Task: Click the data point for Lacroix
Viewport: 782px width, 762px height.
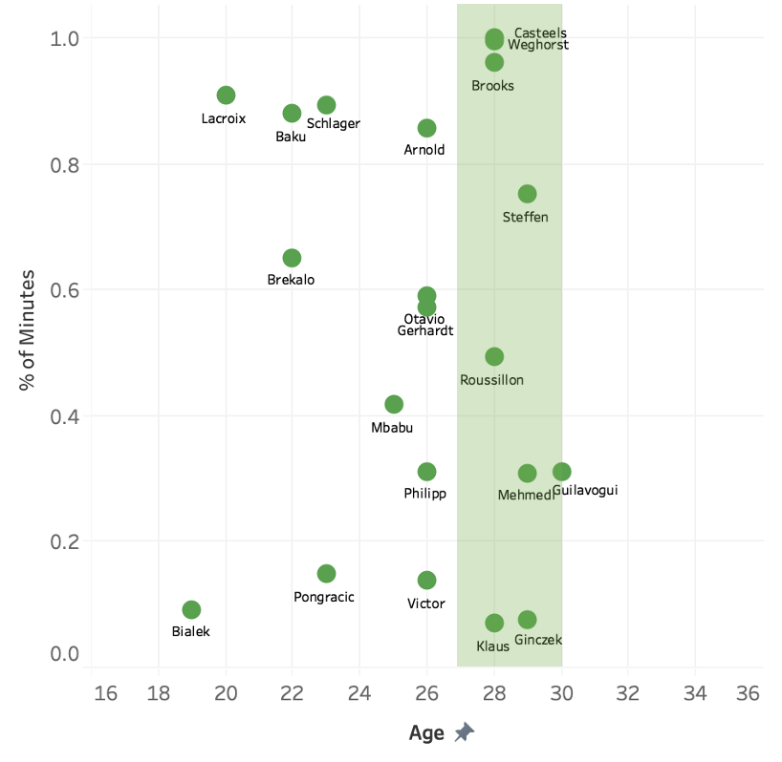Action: pyautogui.click(x=226, y=95)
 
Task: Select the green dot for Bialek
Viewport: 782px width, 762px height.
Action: pyautogui.click(x=191, y=610)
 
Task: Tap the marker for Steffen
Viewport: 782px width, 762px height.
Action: pyautogui.click(x=527, y=194)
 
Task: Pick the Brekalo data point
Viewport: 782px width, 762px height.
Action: pyautogui.click(x=292, y=259)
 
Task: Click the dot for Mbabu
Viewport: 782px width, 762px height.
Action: pyautogui.click(x=394, y=405)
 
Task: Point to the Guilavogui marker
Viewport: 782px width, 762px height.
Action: pyautogui.click(x=561, y=472)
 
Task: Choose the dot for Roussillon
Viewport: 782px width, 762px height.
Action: pyautogui.click(x=494, y=356)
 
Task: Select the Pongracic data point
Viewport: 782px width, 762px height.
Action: pyautogui.click(x=326, y=574)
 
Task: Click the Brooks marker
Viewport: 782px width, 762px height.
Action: pyautogui.click(x=494, y=63)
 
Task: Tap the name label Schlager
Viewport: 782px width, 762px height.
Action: pyautogui.click(x=333, y=124)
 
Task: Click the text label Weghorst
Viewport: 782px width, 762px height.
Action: pyautogui.click(x=538, y=44)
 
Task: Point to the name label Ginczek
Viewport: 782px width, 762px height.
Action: pyautogui.click(x=538, y=640)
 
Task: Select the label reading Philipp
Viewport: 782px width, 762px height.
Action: pyautogui.click(x=424, y=494)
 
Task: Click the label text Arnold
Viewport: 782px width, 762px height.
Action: pyautogui.click(x=424, y=150)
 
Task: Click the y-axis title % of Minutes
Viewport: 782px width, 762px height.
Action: pyautogui.click(x=29, y=330)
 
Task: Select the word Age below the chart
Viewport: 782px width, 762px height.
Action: pyautogui.click(x=426, y=733)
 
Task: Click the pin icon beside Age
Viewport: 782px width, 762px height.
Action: pyautogui.click(x=464, y=732)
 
